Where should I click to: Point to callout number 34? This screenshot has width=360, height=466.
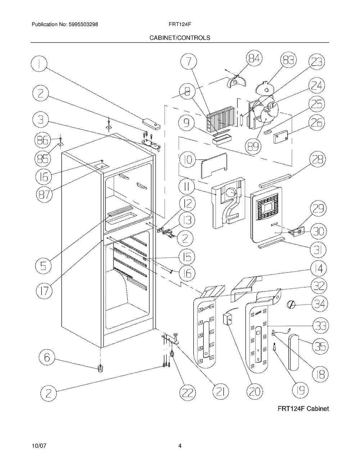point(320,304)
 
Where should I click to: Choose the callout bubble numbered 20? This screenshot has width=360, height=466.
point(255,392)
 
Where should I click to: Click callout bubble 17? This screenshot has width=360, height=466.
point(44,291)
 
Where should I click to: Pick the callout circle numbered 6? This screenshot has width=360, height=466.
point(47,358)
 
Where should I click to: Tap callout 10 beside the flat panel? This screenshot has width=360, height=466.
point(188,160)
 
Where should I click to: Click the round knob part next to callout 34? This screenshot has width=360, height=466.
point(291,305)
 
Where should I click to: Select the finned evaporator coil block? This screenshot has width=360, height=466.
point(221,120)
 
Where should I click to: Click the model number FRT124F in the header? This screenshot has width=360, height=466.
point(180,24)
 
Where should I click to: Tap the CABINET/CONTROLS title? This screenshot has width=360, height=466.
point(180,38)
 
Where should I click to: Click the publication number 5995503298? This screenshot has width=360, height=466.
point(84,24)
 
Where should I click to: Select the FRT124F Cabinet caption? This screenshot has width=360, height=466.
point(303,409)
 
